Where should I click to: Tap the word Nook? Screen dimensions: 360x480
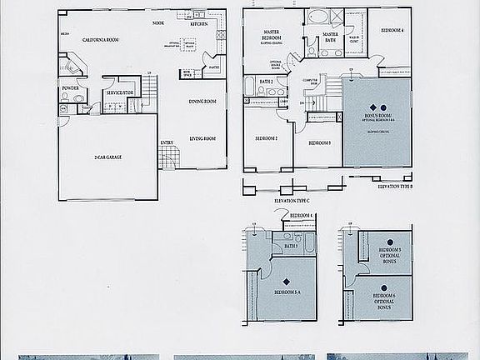(158, 23)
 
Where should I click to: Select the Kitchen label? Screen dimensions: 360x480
(199, 24)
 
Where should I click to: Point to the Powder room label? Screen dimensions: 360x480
(71, 87)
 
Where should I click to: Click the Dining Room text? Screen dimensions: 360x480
(202, 102)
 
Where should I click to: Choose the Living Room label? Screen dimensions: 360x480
(202, 139)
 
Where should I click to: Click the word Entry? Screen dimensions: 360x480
(167, 143)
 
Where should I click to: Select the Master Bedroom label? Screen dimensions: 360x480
(271, 35)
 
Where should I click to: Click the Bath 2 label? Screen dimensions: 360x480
(267, 81)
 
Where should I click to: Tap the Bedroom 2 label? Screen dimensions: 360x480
(266, 138)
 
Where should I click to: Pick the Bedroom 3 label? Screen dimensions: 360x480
(320, 143)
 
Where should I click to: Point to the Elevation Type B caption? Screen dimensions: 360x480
(394, 187)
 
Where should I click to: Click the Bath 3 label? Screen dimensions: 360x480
(291, 247)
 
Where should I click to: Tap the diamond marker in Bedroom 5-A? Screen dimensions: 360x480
(287, 280)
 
